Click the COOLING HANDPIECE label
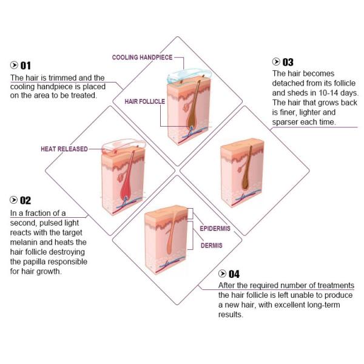pos(143,58)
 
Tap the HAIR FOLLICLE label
pos(144,101)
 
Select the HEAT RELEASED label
pos(64,149)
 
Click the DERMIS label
pos(211,246)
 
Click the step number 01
pos(25,66)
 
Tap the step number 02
pos(25,200)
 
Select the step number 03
pos(288,62)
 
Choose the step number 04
pos(234,274)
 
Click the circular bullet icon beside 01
pos(15,66)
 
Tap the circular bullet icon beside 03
pos(277,62)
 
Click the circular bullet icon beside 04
pos(223,274)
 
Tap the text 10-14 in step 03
pos(331,93)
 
